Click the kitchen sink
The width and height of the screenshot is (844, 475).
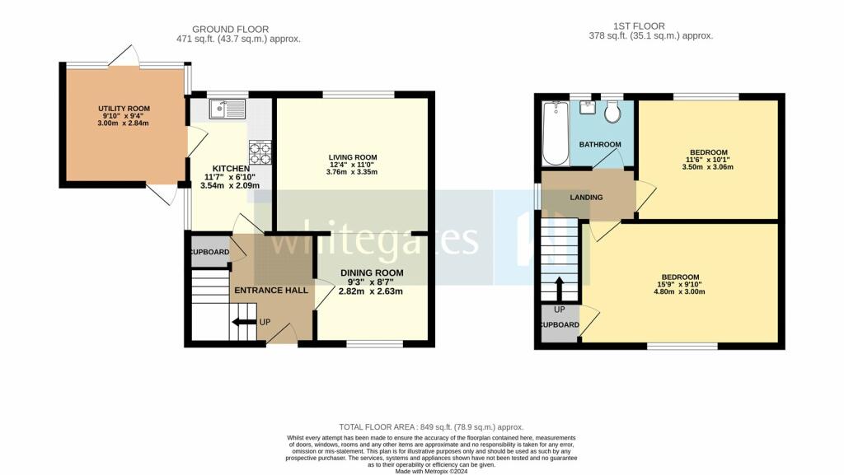point(227,109)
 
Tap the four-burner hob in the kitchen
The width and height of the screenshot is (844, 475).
point(260,152)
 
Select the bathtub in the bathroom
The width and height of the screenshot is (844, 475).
point(556,133)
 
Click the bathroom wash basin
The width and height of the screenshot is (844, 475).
point(587,108)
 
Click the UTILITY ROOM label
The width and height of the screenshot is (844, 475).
point(124,109)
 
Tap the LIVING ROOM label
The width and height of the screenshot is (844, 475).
point(353,157)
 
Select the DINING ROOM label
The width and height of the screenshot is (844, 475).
point(372,273)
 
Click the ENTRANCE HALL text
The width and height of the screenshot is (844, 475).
point(271,290)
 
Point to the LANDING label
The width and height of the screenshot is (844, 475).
point(586,198)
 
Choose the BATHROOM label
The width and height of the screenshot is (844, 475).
point(600,145)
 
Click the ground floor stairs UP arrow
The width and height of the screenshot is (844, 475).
point(244,322)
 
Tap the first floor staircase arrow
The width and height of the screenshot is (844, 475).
point(560,289)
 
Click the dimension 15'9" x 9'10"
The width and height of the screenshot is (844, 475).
point(680,285)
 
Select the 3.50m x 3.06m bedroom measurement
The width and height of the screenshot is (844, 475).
point(707,167)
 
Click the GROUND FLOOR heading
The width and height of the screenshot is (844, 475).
point(231,29)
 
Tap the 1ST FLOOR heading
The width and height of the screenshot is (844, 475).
point(639,26)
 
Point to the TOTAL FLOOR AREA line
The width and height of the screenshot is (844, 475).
point(431,427)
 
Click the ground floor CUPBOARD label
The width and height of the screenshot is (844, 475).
point(209,252)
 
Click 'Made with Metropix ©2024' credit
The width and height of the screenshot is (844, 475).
point(431,471)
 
